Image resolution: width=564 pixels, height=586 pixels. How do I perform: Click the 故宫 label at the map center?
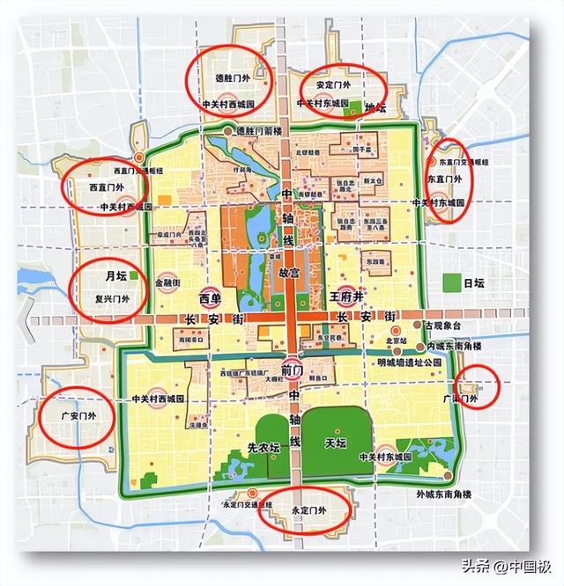(289, 273)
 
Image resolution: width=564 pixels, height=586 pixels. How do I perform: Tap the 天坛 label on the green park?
(335, 442)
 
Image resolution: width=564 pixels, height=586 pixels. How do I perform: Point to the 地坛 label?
(375, 108)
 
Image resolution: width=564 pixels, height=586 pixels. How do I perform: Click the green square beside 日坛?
(453, 283)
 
